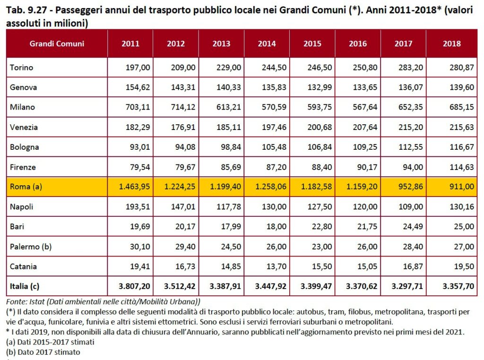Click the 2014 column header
point(267,43)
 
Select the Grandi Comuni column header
point(57,43)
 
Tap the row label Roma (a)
point(26,187)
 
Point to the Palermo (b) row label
point(31,246)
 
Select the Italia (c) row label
point(26,286)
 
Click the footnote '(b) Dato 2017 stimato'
point(43,352)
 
